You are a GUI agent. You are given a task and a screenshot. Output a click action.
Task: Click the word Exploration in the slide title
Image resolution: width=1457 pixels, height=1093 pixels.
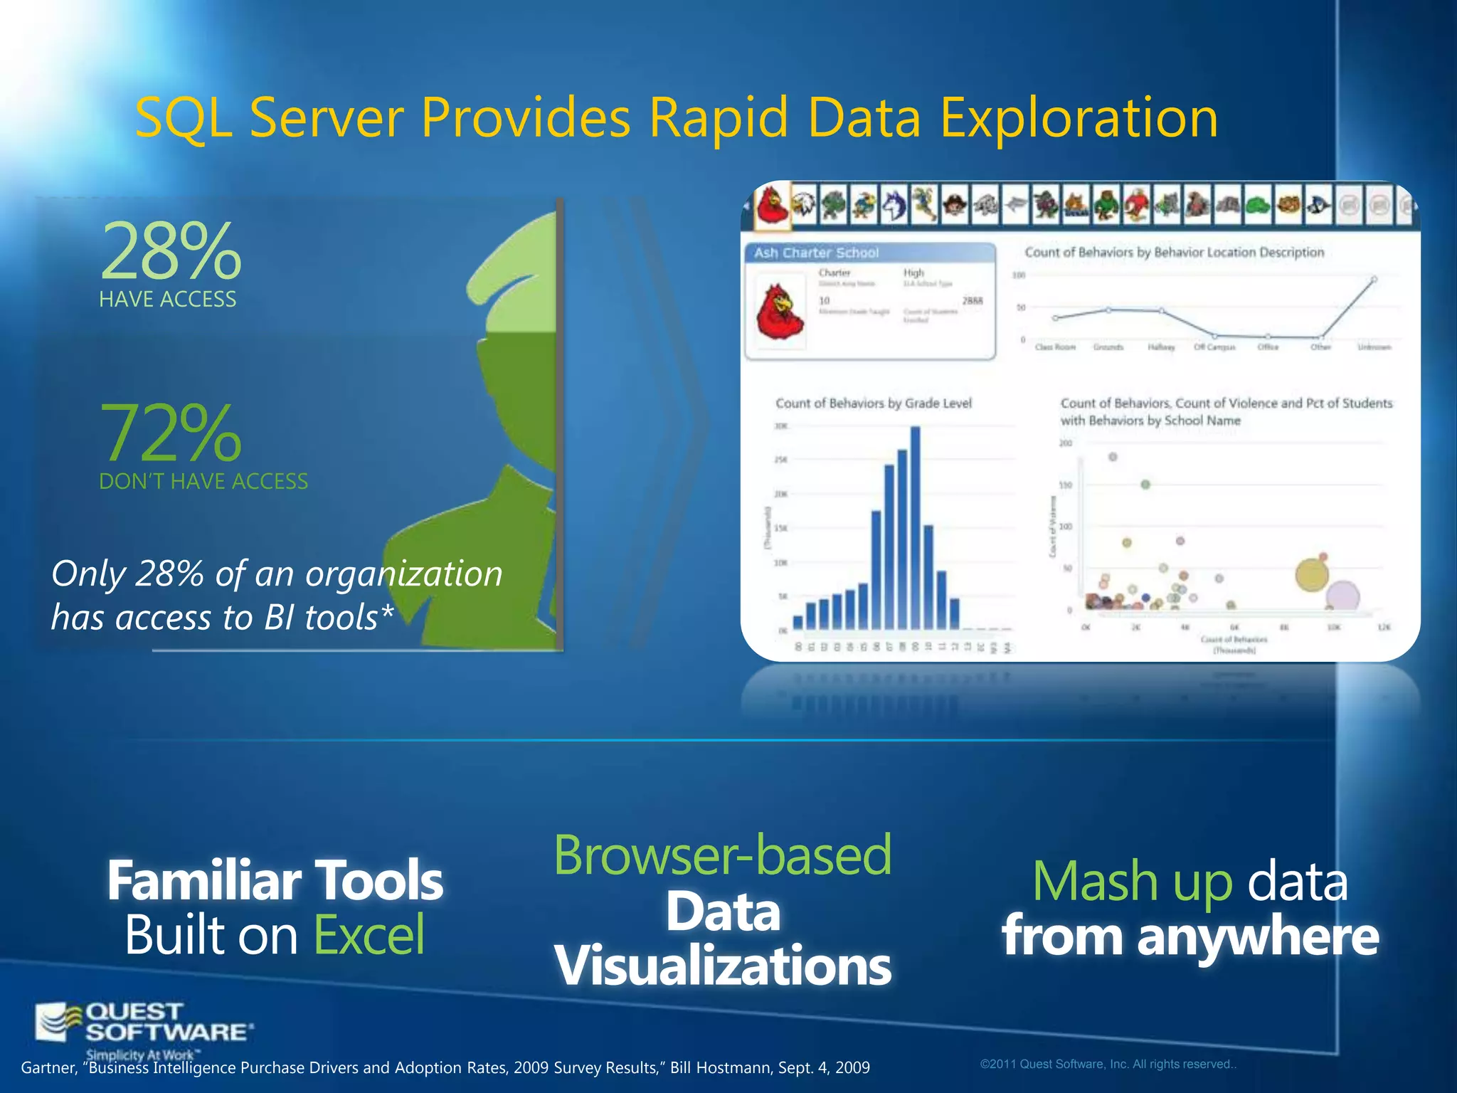point(1079,119)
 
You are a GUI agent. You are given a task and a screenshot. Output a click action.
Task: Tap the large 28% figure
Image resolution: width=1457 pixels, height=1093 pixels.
point(171,251)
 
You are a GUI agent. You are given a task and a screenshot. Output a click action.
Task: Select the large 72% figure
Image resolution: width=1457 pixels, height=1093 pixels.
point(171,433)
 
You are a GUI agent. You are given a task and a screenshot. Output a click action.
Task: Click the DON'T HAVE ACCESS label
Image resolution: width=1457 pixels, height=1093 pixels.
point(203,482)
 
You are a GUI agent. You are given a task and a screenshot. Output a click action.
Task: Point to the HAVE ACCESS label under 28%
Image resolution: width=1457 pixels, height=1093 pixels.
point(168,300)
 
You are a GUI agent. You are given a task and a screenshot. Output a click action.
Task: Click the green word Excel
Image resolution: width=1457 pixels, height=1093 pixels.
point(369,935)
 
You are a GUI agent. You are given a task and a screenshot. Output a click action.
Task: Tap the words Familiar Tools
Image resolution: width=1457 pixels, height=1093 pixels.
point(275,881)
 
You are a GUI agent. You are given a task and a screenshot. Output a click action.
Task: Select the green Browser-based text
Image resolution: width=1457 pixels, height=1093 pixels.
point(722,855)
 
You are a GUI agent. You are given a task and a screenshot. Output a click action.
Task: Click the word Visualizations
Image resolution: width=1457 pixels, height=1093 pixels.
point(722,966)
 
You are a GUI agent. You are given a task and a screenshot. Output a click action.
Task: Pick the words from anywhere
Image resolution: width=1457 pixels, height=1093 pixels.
point(1190,936)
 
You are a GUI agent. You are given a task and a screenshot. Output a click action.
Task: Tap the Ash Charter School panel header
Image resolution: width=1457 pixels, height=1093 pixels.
point(816,253)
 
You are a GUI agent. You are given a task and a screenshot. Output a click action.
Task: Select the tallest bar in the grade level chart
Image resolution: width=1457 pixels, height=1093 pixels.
point(915,527)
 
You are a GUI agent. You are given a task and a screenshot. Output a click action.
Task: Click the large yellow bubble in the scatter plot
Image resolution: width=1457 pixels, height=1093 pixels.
point(1311,575)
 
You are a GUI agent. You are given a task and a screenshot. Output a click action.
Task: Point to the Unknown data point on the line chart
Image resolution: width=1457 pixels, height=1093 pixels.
point(1374,280)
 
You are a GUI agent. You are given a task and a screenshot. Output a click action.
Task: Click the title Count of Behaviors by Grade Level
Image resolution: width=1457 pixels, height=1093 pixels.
point(873,403)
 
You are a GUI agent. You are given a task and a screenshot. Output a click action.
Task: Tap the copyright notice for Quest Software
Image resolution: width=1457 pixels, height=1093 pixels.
point(1108,1065)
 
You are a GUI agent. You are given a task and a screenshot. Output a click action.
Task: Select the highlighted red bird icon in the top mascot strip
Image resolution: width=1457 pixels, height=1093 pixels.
point(773,206)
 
